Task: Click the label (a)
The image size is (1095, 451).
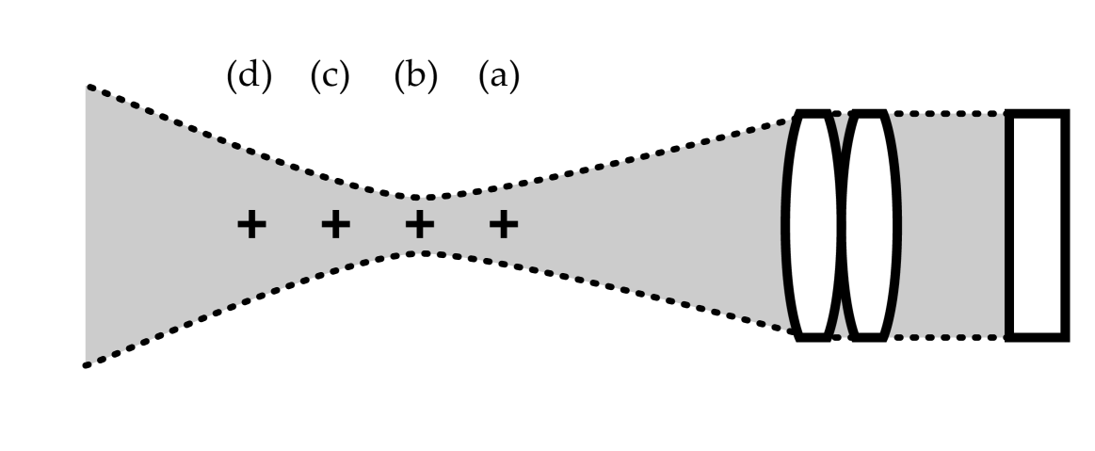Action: point(498,76)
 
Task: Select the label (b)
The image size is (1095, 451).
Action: point(416,76)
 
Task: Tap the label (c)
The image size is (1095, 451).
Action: point(330,76)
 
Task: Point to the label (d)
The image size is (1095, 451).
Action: point(249,76)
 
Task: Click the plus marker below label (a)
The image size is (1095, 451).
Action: point(504,225)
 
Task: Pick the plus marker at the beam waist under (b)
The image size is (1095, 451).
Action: point(420,225)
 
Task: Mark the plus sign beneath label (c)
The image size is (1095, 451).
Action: point(334,225)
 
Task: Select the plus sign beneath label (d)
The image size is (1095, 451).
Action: point(250,225)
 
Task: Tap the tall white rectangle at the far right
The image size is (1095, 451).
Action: point(1038,225)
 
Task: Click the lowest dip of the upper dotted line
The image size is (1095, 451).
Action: point(422,198)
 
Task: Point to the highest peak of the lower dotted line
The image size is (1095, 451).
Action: point(422,252)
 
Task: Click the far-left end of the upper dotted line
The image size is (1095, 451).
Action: point(88,87)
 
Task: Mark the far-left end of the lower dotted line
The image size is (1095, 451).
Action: point(88,364)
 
